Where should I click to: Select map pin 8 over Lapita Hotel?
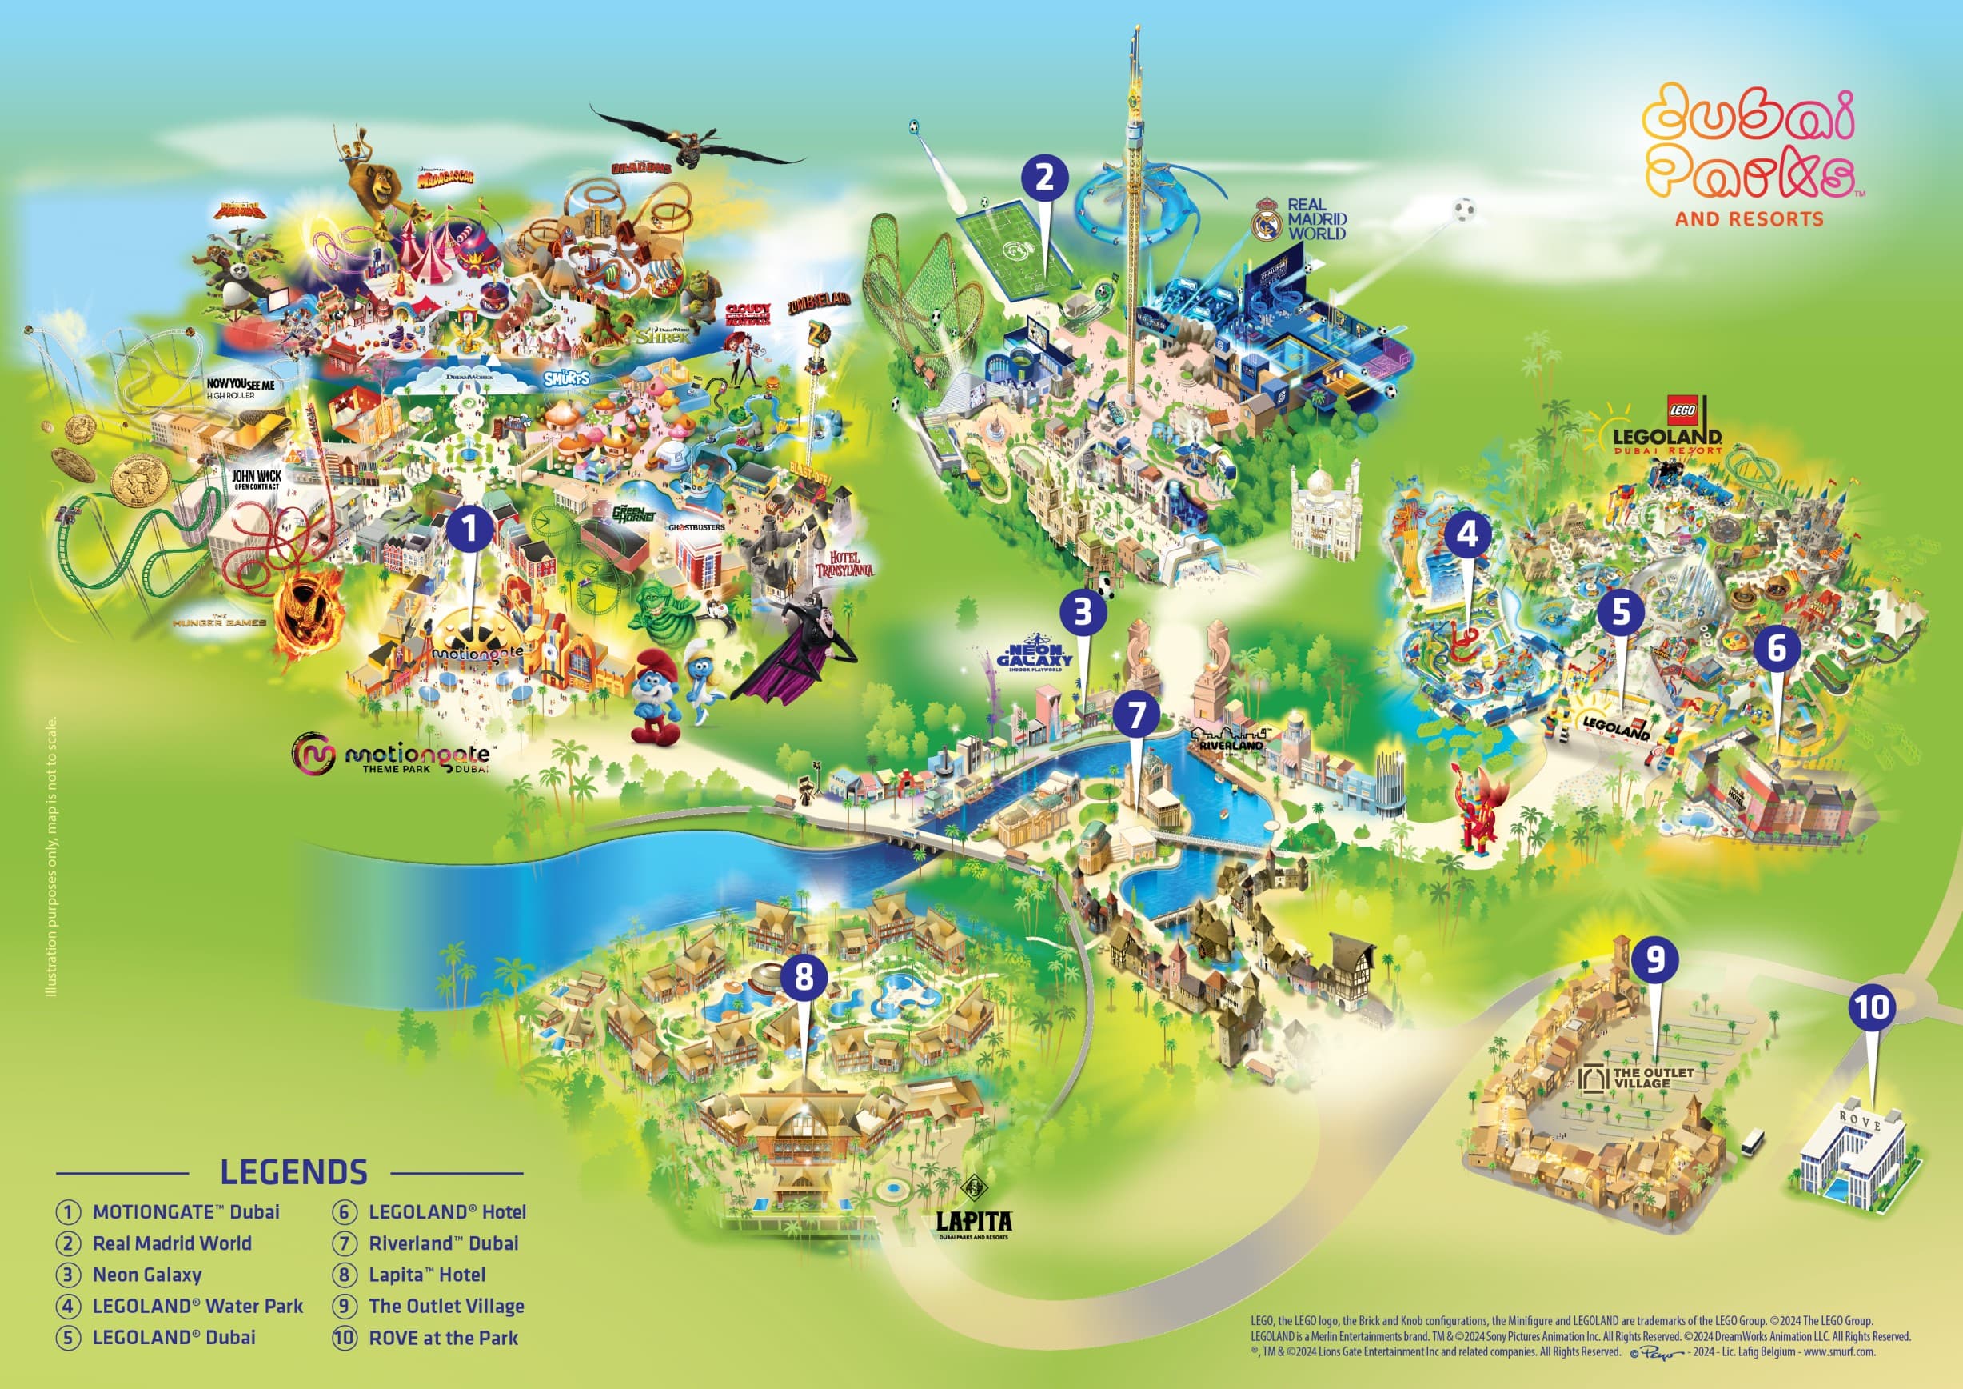(x=804, y=977)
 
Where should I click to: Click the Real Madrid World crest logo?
(x=1268, y=223)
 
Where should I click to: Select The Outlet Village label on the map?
(x=1641, y=1078)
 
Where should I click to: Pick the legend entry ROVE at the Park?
(x=442, y=1338)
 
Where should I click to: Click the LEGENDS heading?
(x=293, y=1171)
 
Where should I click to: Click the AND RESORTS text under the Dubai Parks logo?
(x=1749, y=219)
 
